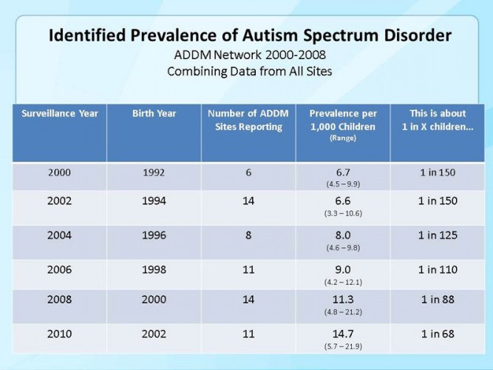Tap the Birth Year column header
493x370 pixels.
click(x=154, y=113)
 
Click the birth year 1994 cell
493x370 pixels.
click(x=153, y=201)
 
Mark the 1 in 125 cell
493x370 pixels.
click(x=438, y=235)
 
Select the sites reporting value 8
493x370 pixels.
click(x=248, y=235)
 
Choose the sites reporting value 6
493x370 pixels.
click(x=248, y=172)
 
